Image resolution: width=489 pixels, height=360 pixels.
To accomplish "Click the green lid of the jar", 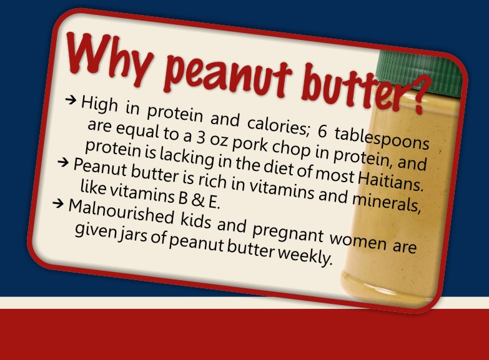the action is (420, 69).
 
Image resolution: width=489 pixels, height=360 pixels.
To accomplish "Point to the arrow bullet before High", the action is (71, 100).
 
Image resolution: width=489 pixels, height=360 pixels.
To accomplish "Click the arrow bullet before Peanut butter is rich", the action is (63, 162).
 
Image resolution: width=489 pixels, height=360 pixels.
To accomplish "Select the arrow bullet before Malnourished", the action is (58, 204).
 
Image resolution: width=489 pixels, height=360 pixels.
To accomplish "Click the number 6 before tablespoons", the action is (322, 132).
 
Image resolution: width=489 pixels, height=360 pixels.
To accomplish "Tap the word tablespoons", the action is (382, 139).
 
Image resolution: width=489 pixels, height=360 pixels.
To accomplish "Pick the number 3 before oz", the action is (200, 137).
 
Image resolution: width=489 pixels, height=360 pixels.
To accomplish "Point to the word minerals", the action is (387, 202).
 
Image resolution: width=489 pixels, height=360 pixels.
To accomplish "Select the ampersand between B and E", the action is (197, 200).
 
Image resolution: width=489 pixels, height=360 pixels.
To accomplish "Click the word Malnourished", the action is (121, 212).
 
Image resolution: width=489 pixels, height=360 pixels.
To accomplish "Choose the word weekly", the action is (305, 255).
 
